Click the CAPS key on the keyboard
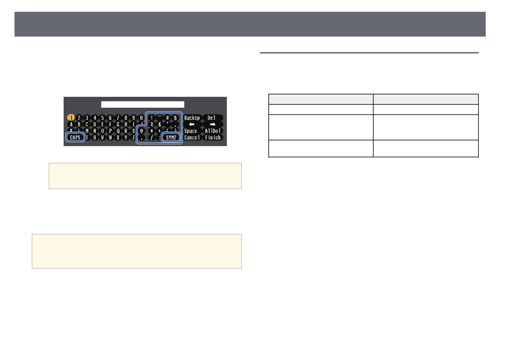tap(75, 138)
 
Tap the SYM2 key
tap(171, 138)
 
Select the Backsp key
tap(192, 118)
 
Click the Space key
tap(191, 131)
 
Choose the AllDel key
tap(213, 131)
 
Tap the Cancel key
tap(192, 138)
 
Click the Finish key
tap(213, 138)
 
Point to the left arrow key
tap(192, 124)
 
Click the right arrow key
tap(212, 124)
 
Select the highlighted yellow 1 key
tap(71, 118)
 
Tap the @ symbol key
tap(141, 131)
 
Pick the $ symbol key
tap(175, 118)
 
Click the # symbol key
tap(167, 118)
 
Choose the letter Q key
tap(118, 131)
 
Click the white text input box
tap(143, 104)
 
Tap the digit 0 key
tap(141, 118)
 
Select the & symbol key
tap(160, 124)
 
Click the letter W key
tap(110, 138)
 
